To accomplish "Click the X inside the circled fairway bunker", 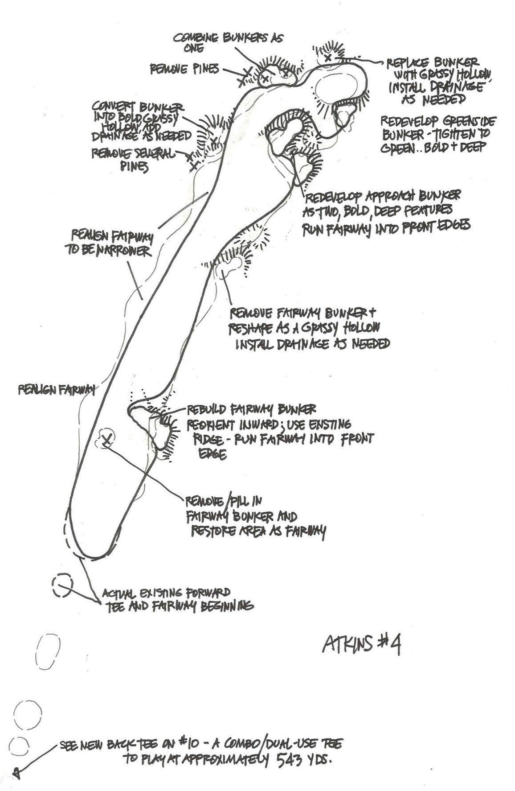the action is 106,441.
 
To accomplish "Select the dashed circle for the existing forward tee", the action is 62,586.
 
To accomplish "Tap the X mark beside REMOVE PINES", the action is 245,76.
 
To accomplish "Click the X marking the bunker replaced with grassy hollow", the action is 328,57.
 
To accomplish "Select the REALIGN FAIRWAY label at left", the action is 57,390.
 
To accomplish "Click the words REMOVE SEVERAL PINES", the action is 134,159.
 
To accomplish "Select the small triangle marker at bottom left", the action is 16,773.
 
